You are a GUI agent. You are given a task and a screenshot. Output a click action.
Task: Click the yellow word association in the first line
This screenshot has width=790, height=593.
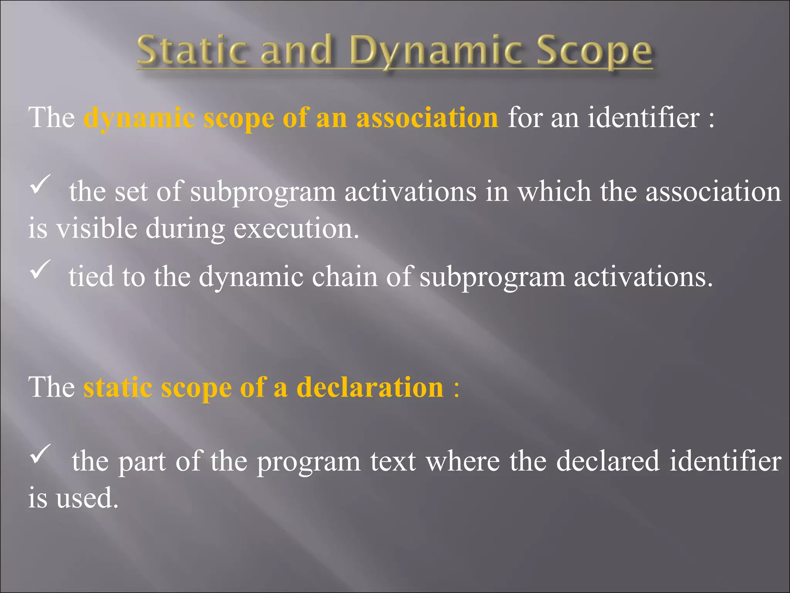point(427,117)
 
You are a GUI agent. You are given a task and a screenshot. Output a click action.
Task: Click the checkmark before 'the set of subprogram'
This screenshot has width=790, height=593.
point(40,185)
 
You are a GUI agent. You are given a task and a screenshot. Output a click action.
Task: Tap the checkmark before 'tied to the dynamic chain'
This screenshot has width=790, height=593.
point(40,269)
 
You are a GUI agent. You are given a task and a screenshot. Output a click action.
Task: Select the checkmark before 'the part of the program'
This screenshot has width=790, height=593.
point(40,454)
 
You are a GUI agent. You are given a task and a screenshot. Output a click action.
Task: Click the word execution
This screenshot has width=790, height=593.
point(296,229)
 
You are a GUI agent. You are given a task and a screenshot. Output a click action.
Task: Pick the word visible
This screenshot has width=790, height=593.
point(96,229)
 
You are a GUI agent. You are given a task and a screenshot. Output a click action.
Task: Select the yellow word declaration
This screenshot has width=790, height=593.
point(370,387)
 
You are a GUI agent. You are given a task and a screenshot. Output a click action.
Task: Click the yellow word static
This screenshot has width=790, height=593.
point(118,387)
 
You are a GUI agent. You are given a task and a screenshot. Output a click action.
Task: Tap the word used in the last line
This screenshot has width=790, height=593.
point(87,498)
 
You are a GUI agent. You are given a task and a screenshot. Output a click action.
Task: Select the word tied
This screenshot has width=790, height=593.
point(91,276)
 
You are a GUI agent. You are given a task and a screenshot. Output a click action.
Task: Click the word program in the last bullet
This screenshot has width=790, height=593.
point(309,462)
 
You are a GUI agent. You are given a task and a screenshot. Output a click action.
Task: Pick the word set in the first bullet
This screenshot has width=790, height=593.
point(131,191)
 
